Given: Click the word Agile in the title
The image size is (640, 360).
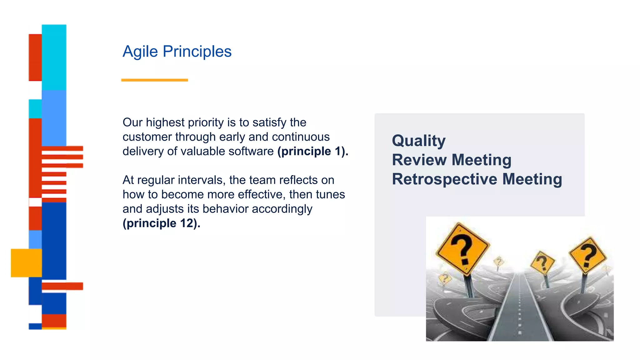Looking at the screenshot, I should click(140, 52).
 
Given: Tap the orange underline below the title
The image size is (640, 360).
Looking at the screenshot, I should click(154, 80).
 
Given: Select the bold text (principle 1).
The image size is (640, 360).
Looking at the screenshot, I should click(312, 151).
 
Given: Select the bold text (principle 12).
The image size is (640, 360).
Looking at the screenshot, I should click(161, 223).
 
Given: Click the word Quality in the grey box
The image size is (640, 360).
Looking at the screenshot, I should click(419, 141).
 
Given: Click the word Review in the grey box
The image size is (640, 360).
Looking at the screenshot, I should click(419, 160).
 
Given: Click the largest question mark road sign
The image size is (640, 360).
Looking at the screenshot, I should click(462, 248).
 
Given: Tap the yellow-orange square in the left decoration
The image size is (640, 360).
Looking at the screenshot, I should click(26, 263).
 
